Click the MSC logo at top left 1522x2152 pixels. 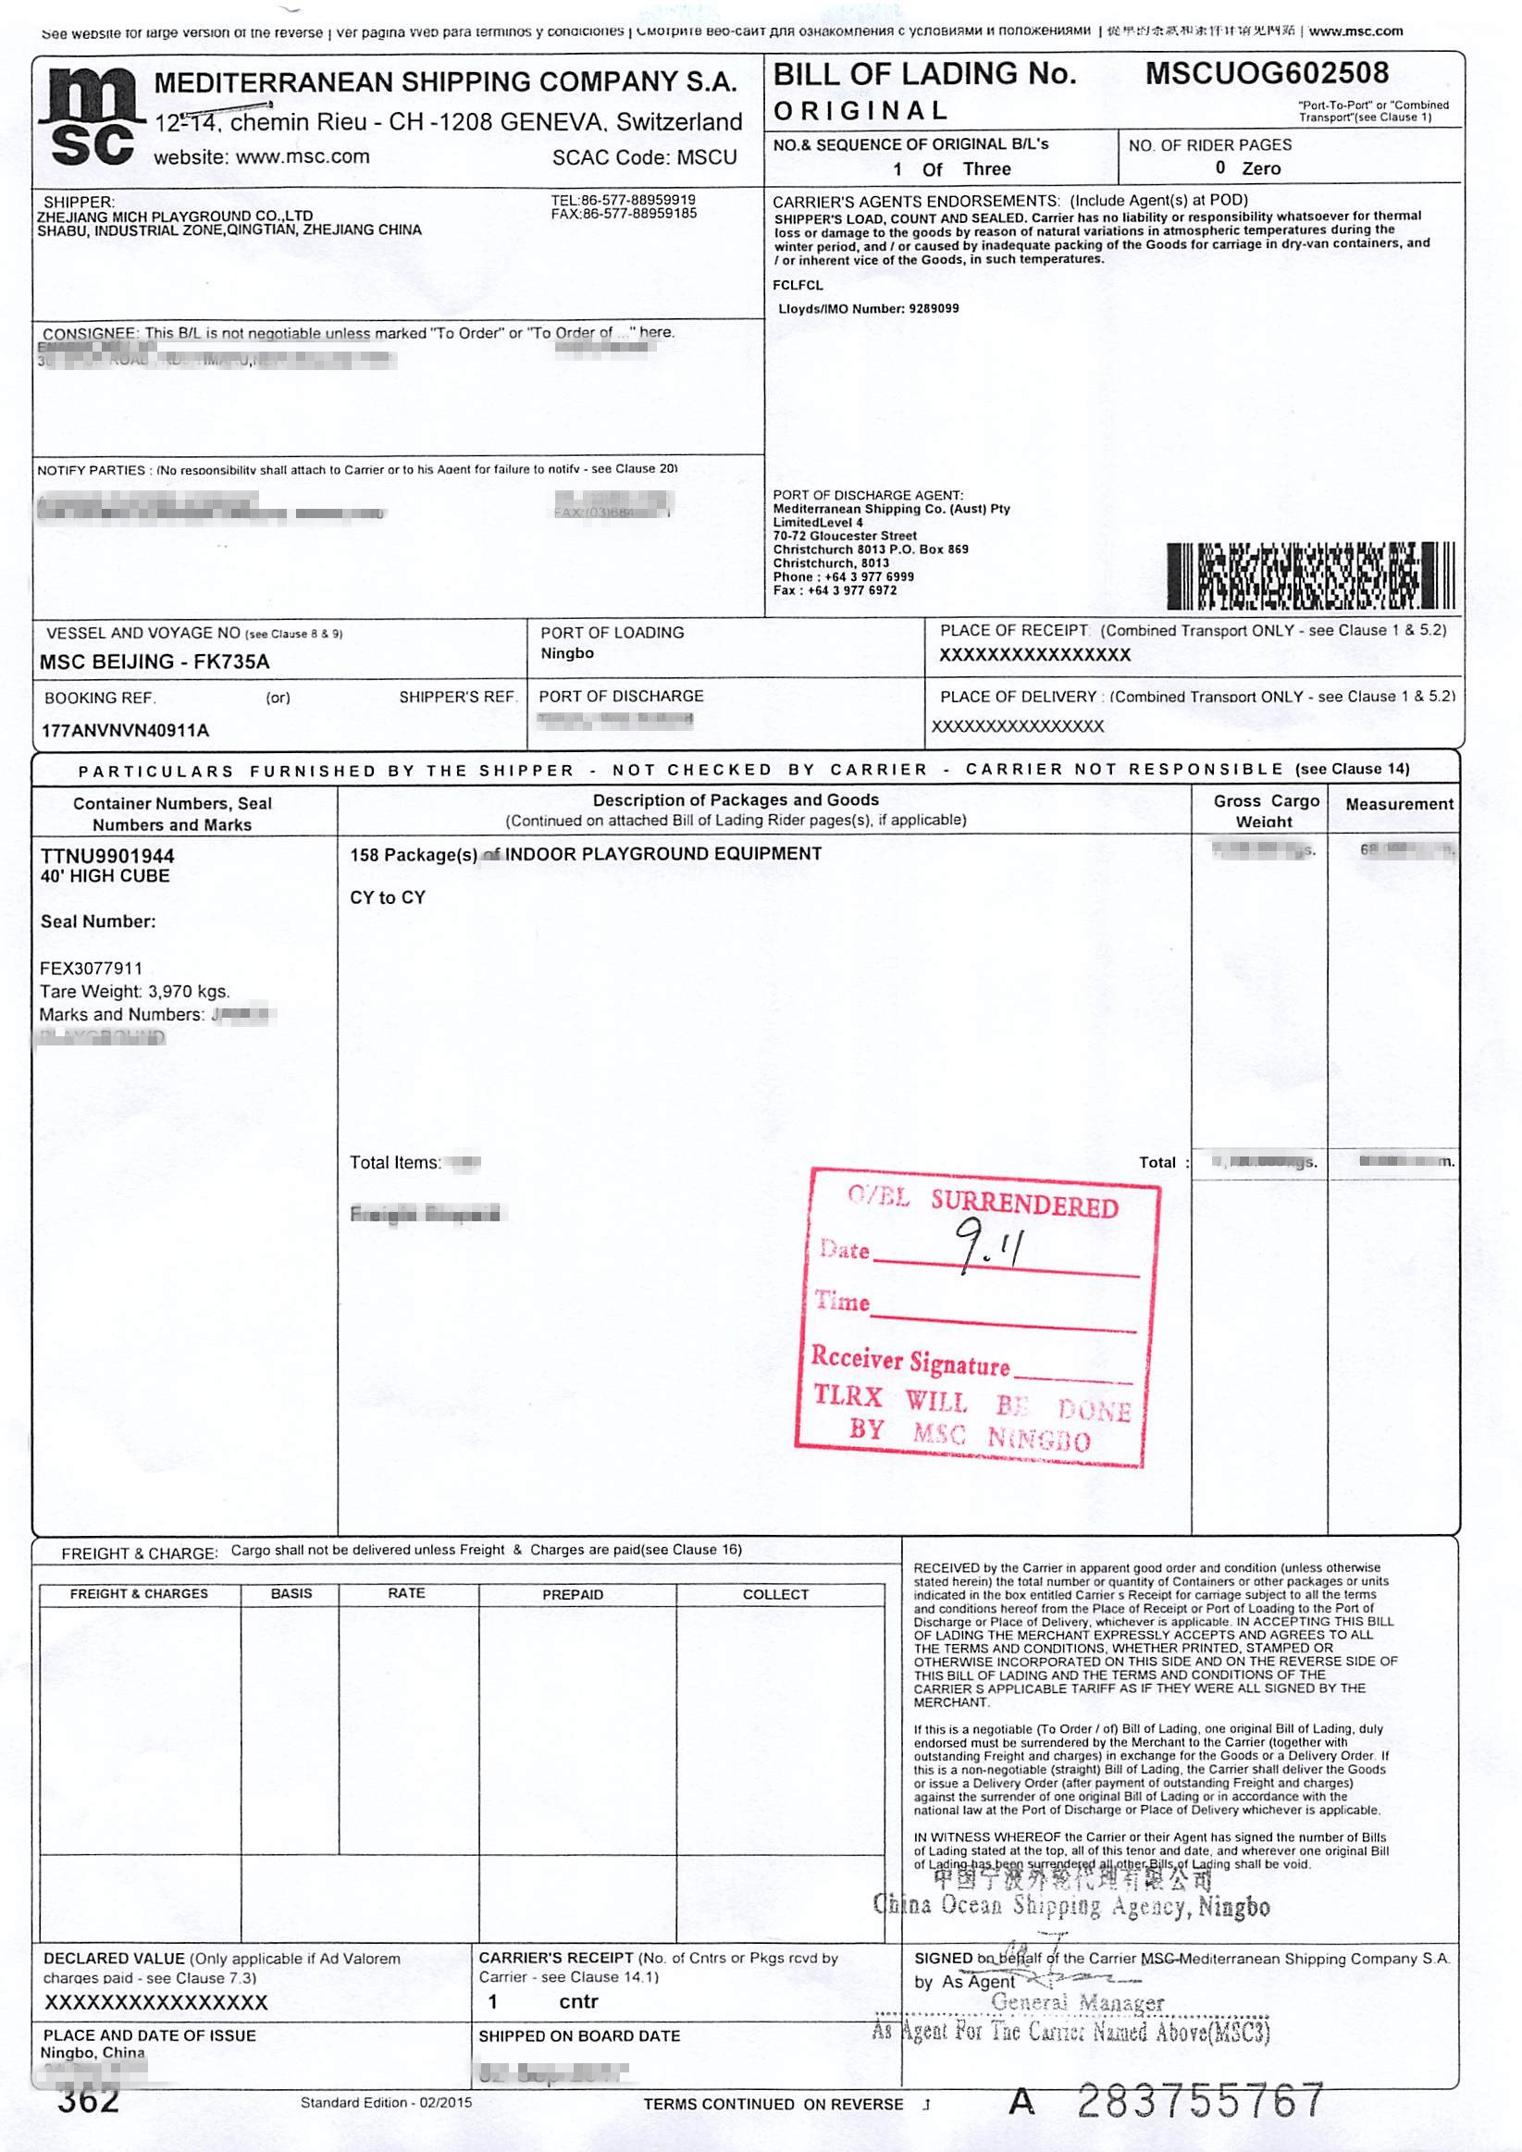click(x=87, y=117)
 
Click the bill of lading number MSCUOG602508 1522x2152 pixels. click(x=1266, y=73)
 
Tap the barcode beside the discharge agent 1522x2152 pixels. click(x=1311, y=575)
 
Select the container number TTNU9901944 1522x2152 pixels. click(x=107, y=856)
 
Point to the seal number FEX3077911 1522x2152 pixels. click(x=91, y=968)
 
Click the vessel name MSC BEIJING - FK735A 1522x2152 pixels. click(x=154, y=662)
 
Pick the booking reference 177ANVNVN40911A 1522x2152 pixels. click(x=126, y=730)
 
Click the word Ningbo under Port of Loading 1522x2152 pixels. click(x=567, y=653)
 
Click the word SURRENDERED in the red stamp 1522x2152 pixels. click(x=1024, y=1204)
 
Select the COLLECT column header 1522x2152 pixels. click(x=775, y=1594)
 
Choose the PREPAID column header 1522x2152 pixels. click(x=573, y=1594)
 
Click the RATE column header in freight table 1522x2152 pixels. click(x=407, y=1593)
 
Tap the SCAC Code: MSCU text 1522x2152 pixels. click(x=644, y=157)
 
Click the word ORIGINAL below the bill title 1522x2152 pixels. click(x=860, y=111)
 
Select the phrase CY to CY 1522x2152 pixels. click(x=387, y=898)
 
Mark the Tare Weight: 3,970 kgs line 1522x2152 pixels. click(x=134, y=992)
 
